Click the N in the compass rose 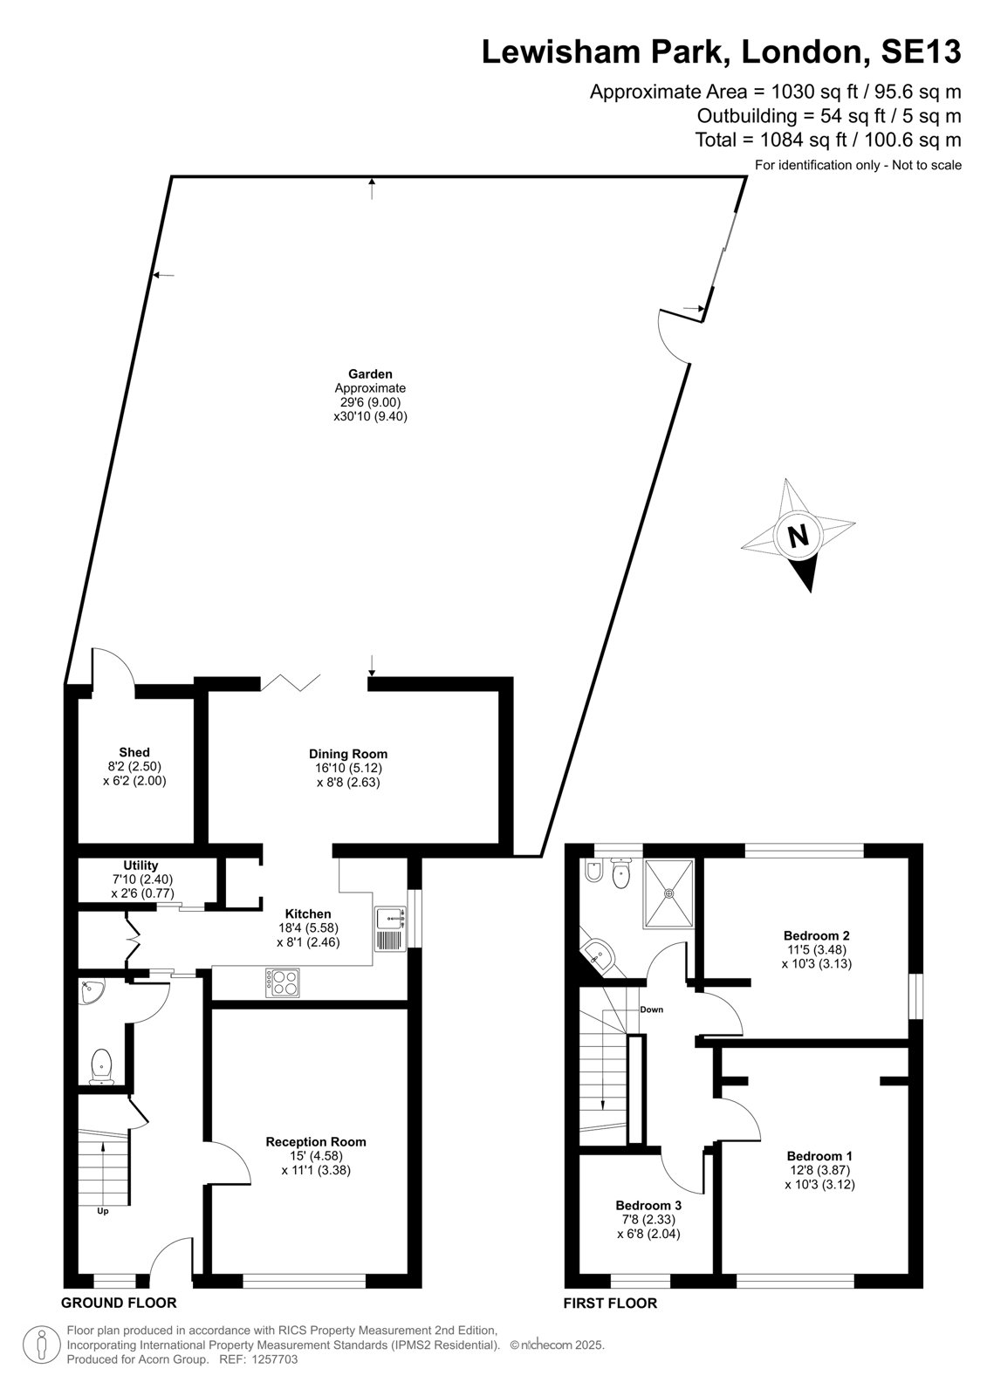(x=799, y=536)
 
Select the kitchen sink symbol (x=390, y=928)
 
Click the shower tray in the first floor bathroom (x=669, y=893)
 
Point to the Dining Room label (x=348, y=754)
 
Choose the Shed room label (x=134, y=752)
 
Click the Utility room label (x=141, y=865)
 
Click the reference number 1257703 (x=274, y=1359)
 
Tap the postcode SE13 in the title (x=921, y=51)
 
